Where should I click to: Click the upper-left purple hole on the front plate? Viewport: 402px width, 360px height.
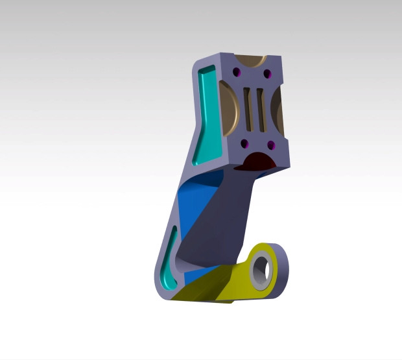[237, 71]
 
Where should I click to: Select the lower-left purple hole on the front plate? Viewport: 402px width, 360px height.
[244, 143]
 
